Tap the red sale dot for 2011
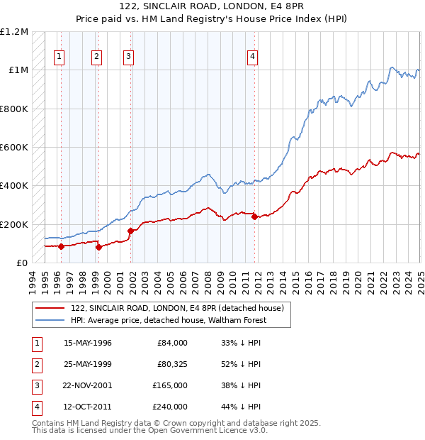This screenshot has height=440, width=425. point(254,217)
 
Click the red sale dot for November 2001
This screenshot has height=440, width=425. point(130,231)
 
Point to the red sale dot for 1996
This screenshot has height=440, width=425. point(61,247)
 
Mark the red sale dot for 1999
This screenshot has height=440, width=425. point(98,247)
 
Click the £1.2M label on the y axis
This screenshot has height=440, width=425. point(14,32)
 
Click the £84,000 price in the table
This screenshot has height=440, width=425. point(173,343)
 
